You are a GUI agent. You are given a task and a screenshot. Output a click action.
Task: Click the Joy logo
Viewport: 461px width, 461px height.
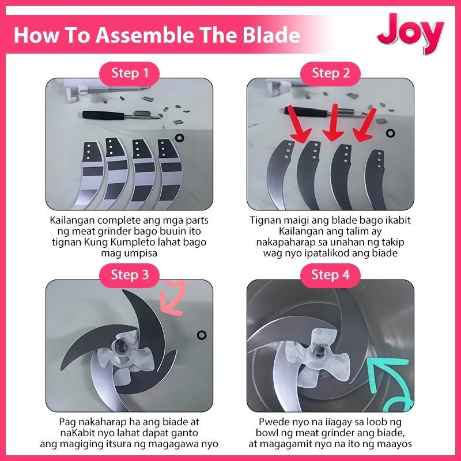(410, 33)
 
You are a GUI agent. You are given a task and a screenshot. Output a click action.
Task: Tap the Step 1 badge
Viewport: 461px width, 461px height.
(129, 74)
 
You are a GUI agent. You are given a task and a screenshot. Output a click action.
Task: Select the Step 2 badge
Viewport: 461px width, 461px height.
(330, 74)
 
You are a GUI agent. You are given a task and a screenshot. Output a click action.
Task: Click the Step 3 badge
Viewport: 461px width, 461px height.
(129, 275)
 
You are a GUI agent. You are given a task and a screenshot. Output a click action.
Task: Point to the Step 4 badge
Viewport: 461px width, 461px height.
(330, 275)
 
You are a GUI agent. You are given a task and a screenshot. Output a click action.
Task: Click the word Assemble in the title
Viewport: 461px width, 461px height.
(145, 35)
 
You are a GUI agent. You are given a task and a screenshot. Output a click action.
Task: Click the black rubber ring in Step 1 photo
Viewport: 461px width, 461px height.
(179, 138)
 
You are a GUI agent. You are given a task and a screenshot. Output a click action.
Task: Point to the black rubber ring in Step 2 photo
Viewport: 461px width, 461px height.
(390, 133)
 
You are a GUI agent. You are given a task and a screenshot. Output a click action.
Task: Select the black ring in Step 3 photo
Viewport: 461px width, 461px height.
(202, 335)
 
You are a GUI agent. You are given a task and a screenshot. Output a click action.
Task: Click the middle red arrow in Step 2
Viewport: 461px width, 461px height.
(333, 123)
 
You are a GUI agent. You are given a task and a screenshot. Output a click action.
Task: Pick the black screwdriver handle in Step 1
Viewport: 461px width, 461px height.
(103, 115)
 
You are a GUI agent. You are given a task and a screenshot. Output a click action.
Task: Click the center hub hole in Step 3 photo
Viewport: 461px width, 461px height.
(121, 345)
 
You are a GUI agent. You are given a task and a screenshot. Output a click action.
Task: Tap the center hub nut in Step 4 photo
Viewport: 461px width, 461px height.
(319, 351)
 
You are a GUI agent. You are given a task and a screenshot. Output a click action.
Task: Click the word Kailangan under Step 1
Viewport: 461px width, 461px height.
(73, 221)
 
